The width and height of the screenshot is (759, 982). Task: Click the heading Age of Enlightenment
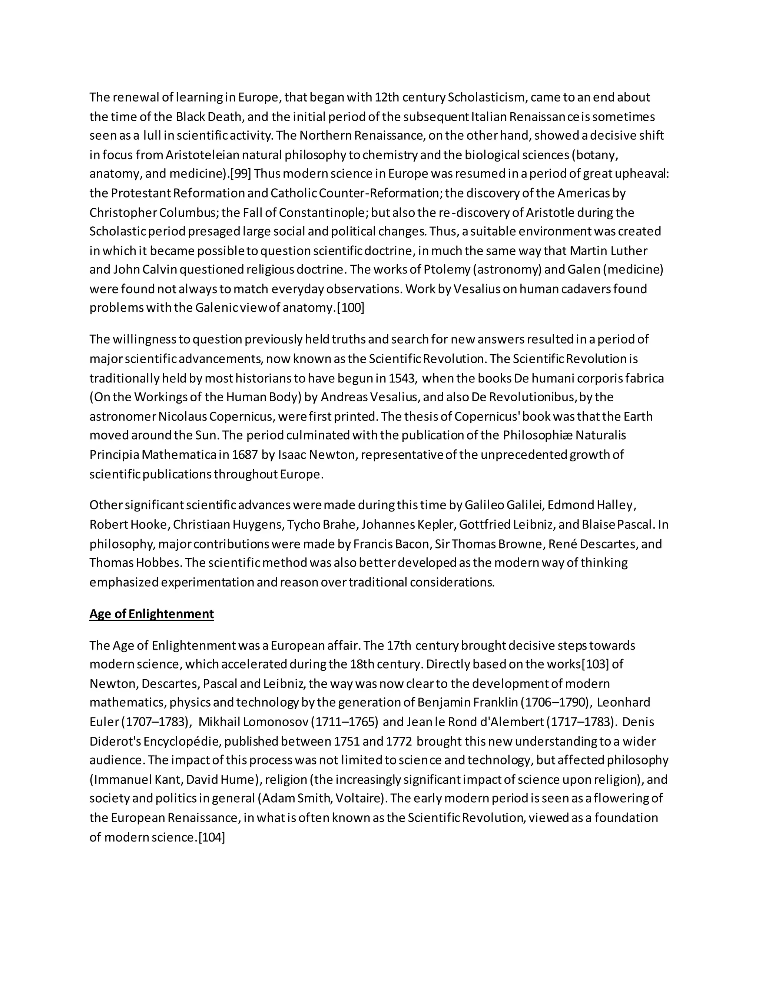tap(152, 614)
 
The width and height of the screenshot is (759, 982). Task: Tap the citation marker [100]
tap(351, 308)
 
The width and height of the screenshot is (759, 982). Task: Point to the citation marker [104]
tap(211, 837)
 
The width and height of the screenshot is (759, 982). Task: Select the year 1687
tap(245, 455)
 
